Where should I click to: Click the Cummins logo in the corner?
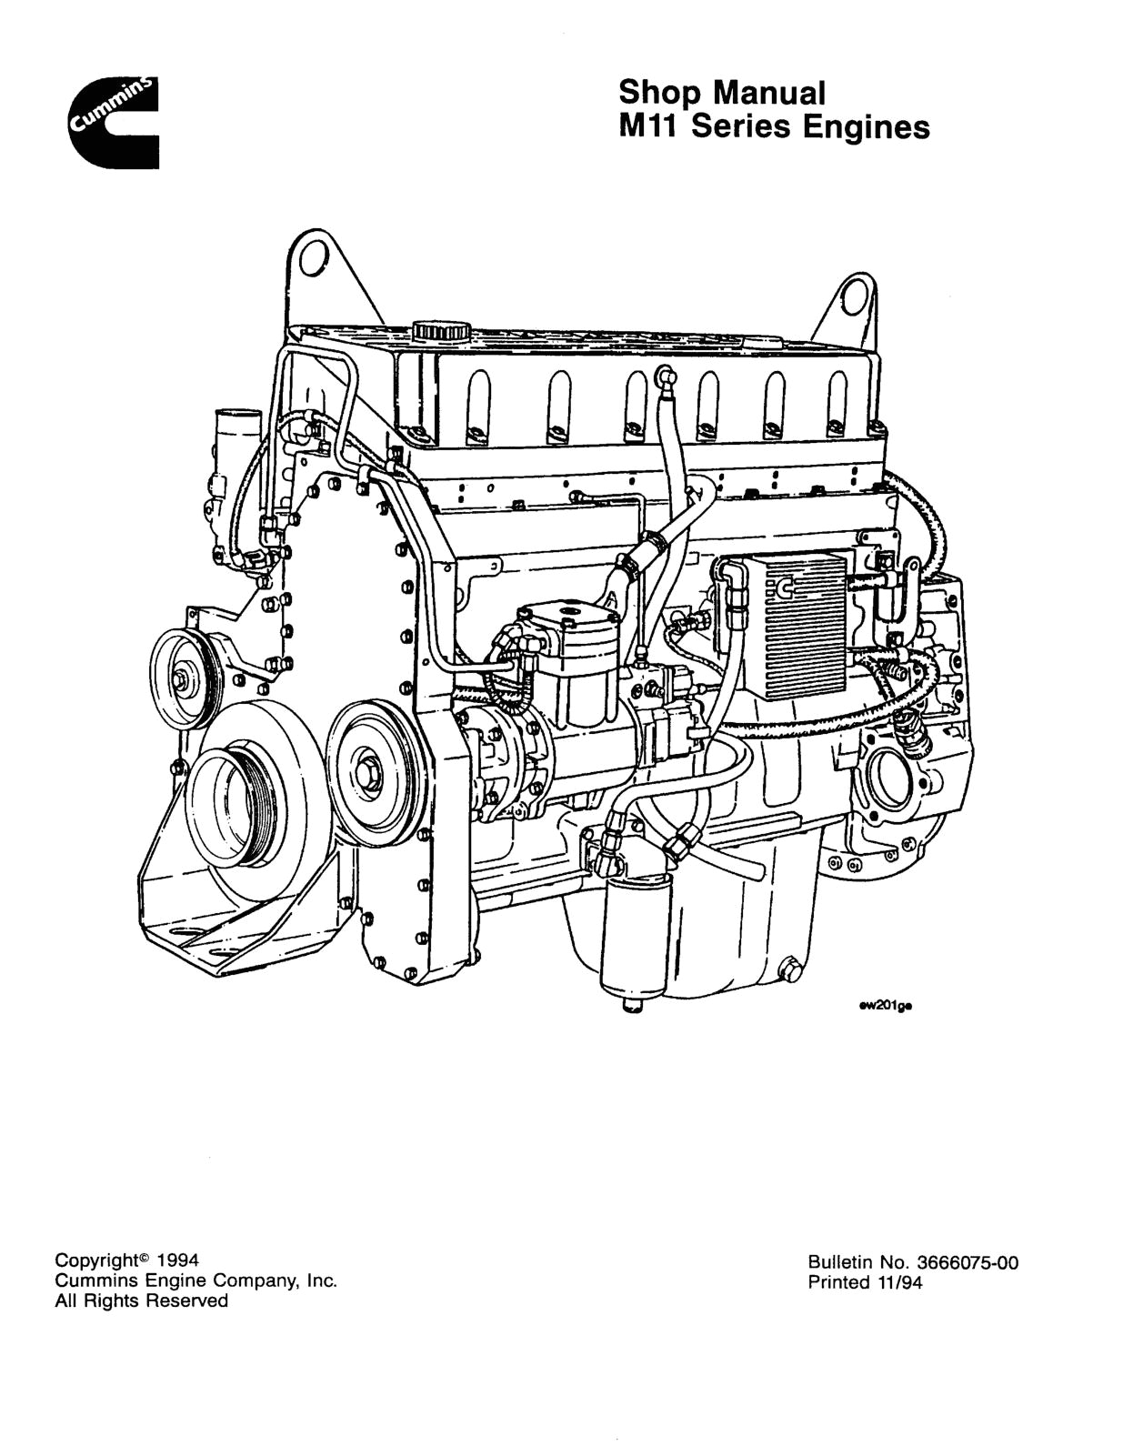tap(113, 124)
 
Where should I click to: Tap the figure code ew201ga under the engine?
tap(885, 1006)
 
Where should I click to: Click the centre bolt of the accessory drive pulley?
tap(370, 764)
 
